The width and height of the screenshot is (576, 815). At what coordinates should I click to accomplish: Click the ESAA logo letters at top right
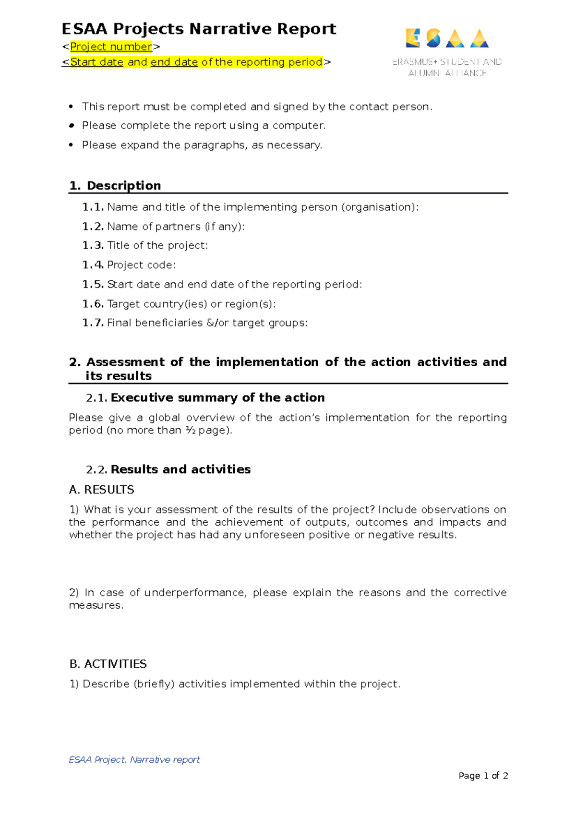(x=447, y=38)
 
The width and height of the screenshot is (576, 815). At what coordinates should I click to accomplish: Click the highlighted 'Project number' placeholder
(x=111, y=47)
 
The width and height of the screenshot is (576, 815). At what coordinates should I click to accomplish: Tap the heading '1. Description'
(x=115, y=185)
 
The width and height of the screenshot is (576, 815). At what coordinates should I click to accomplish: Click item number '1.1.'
(x=93, y=207)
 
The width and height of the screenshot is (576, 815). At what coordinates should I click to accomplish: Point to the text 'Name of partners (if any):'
(x=176, y=226)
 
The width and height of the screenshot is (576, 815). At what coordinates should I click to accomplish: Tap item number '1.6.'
(x=93, y=304)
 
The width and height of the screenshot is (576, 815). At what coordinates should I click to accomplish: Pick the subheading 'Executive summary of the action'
(x=217, y=397)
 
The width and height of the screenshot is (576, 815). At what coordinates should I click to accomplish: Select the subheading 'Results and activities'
(x=180, y=469)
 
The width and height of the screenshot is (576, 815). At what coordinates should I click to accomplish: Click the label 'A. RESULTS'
(x=101, y=490)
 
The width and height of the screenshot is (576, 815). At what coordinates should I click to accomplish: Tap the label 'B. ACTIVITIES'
(x=108, y=664)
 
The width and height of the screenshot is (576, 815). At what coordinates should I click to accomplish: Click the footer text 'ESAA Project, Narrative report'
(x=134, y=759)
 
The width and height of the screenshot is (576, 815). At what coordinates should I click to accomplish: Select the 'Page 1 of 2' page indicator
(x=483, y=776)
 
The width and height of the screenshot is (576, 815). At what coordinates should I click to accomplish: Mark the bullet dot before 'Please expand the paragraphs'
(x=71, y=145)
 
